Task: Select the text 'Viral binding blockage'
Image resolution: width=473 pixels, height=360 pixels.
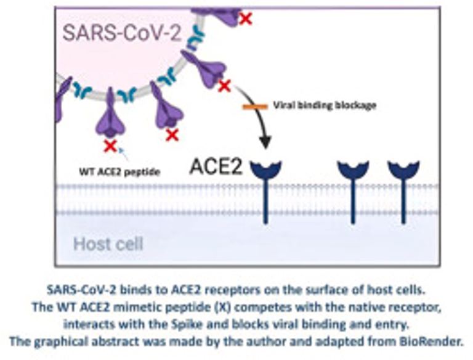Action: [x=324, y=105]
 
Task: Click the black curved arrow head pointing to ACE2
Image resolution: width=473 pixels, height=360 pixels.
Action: [x=265, y=143]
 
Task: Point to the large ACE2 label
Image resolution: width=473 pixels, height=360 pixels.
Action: [x=216, y=167]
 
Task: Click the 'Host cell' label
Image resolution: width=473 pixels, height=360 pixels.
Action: [x=108, y=243]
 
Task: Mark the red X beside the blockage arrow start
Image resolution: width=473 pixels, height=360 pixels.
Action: [x=224, y=86]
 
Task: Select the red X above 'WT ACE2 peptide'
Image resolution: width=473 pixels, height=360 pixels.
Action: [x=110, y=145]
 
